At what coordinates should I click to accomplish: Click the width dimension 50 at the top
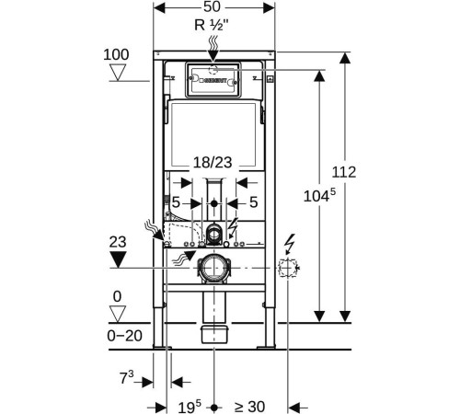212,6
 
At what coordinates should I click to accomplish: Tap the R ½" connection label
212,25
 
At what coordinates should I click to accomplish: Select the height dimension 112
344,172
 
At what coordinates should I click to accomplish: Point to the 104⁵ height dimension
319,195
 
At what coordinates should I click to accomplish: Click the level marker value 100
116,55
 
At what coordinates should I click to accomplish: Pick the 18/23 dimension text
213,162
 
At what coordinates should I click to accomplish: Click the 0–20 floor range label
124,336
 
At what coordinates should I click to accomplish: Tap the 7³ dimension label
126,377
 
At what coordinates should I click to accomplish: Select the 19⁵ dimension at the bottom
190,407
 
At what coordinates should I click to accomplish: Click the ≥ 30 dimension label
249,407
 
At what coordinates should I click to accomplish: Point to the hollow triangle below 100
118,73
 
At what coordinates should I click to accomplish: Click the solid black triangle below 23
118,259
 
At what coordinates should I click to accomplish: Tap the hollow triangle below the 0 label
118,314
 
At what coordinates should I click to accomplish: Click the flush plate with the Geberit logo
213,80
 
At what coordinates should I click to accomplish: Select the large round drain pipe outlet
213,268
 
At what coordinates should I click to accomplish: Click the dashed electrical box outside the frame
288,269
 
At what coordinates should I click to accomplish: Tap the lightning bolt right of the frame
289,244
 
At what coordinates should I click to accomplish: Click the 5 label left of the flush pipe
176,202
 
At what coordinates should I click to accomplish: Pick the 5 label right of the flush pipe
253,202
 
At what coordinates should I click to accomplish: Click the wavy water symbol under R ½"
213,43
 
